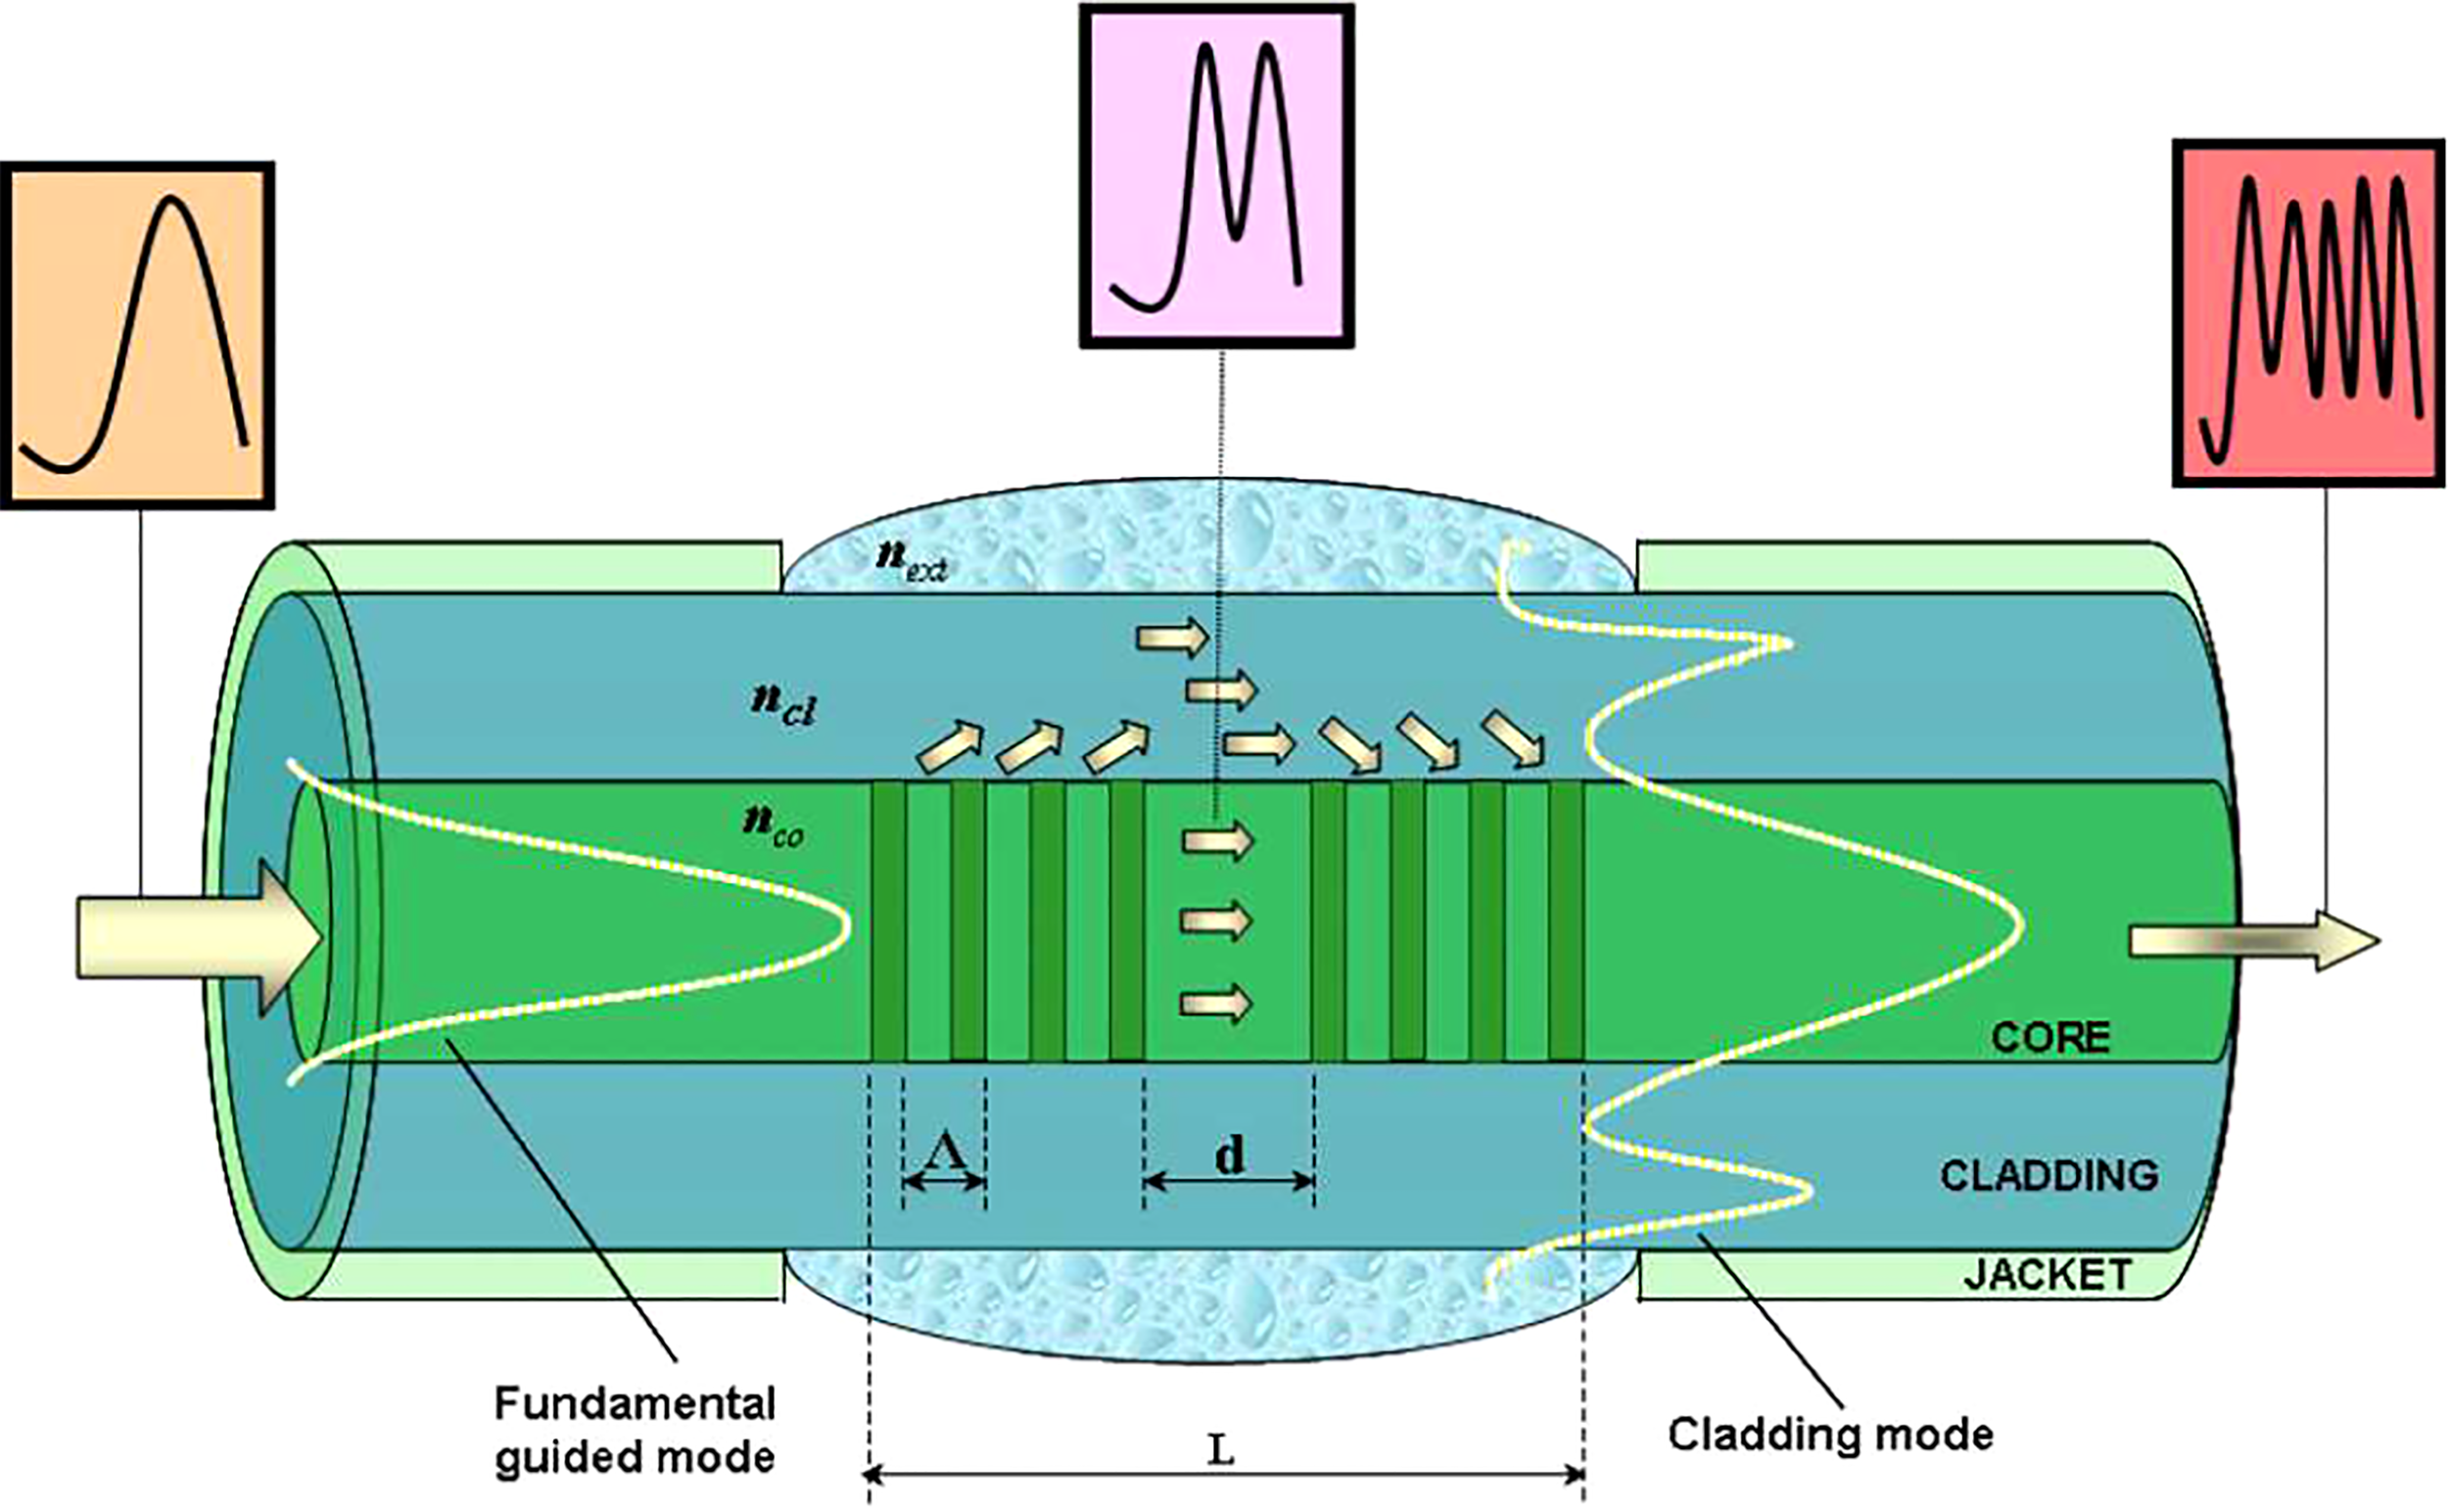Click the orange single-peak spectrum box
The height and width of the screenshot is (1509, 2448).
coord(137,335)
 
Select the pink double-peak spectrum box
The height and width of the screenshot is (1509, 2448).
coord(1216,176)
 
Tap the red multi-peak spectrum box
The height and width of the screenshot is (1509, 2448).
coord(2308,313)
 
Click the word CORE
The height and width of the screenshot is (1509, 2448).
coord(2049,1038)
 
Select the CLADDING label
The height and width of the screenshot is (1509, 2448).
coord(2048,1176)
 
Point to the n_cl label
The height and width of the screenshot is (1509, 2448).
coord(783,706)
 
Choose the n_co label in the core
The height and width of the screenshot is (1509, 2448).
coord(773,827)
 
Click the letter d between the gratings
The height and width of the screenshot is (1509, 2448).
coord(1230,1155)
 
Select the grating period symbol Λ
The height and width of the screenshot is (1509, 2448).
coord(944,1153)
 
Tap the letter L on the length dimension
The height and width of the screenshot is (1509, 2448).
coord(1221,1449)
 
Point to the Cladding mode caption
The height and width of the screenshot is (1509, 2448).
coord(1830,1436)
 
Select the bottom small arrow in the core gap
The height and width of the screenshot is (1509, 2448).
coord(1215,1003)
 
